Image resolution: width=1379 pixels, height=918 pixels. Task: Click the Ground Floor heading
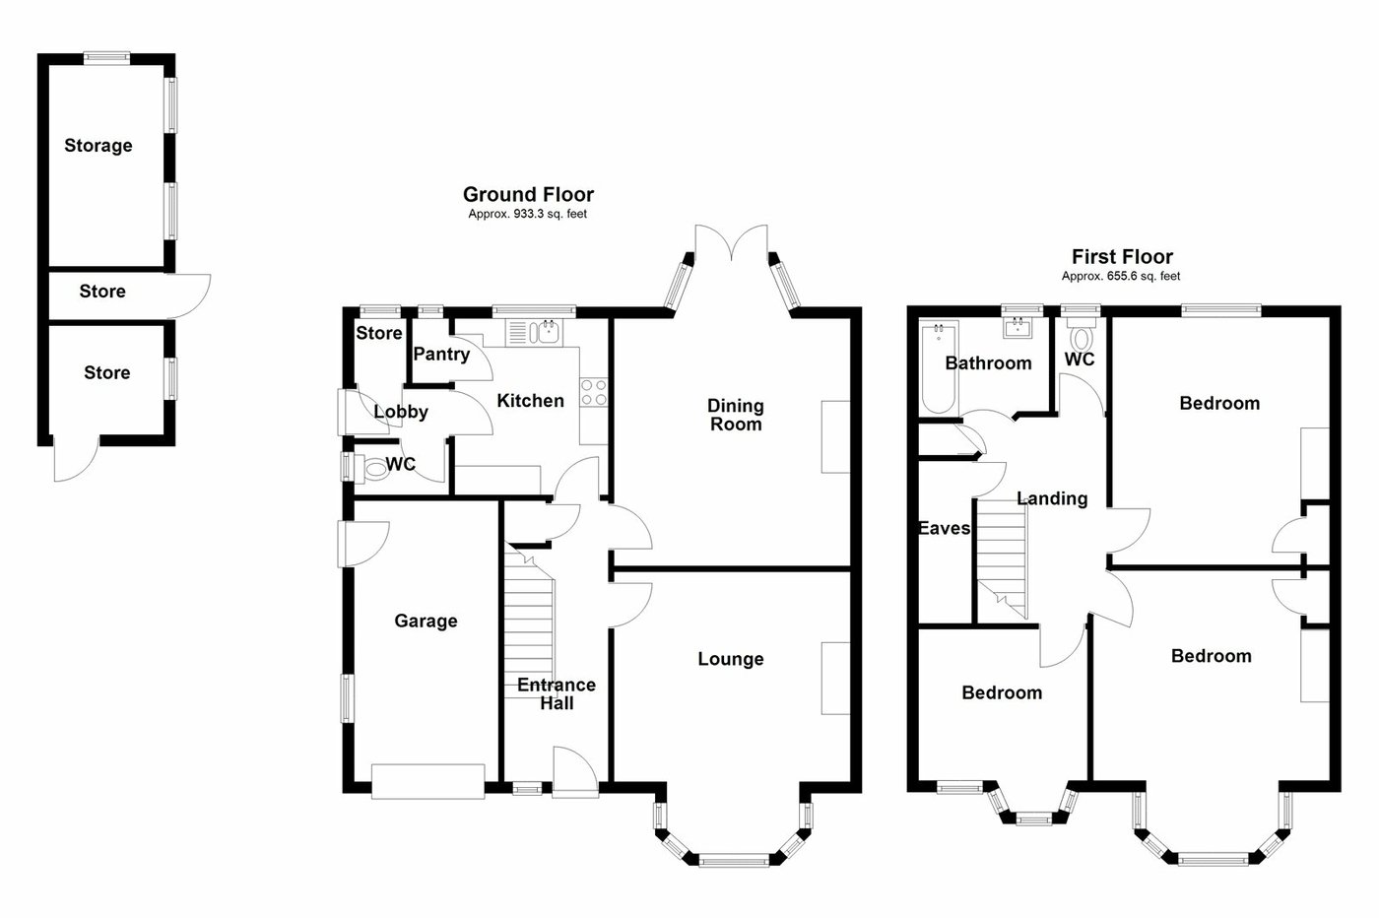[x=528, y=195]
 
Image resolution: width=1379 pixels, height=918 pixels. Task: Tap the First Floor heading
[x=1122, y=257]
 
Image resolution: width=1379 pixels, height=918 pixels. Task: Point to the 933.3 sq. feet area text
[x=527, y=214]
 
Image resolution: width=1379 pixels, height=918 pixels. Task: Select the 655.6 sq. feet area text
[x=1121, y=277]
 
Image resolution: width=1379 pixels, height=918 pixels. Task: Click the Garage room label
[x=426, y=621]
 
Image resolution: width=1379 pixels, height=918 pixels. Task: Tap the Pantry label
[x=440, y=354]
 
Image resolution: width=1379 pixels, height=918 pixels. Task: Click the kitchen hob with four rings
[x=592, y=392]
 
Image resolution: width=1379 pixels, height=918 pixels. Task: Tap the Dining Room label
[x=736, y=415]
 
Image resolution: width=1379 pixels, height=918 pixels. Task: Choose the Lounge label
[x=730, y=659]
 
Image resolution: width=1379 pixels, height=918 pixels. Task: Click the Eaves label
[x=944, y=529]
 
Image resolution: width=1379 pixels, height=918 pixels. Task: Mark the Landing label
[x=1052, y=498]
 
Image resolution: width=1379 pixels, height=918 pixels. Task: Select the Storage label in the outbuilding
[x=98, y=146]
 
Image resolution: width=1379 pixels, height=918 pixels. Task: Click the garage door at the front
[x=428, y=779]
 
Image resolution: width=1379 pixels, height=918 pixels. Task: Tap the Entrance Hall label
[x=557, y=693]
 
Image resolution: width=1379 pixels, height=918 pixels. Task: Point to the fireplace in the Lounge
[x=835, y=678]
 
